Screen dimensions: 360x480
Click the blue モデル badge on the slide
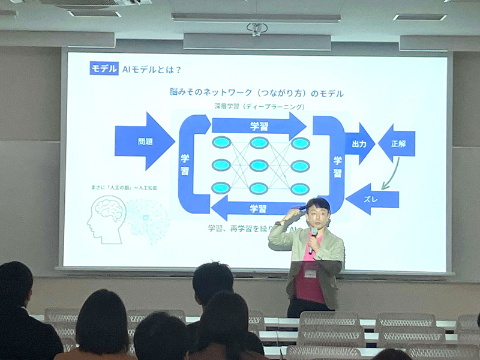coord(104,68)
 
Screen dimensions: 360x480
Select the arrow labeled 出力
coord(359,143)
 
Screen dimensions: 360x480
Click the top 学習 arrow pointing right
coord(259,126)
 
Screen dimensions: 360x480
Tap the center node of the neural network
coord(259,165)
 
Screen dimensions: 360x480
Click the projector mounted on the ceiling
coord(257,29)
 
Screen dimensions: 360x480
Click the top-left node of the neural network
coord(221,143)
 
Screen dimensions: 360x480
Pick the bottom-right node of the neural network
coord(299,188)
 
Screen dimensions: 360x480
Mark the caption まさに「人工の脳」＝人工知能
coord(123,188)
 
